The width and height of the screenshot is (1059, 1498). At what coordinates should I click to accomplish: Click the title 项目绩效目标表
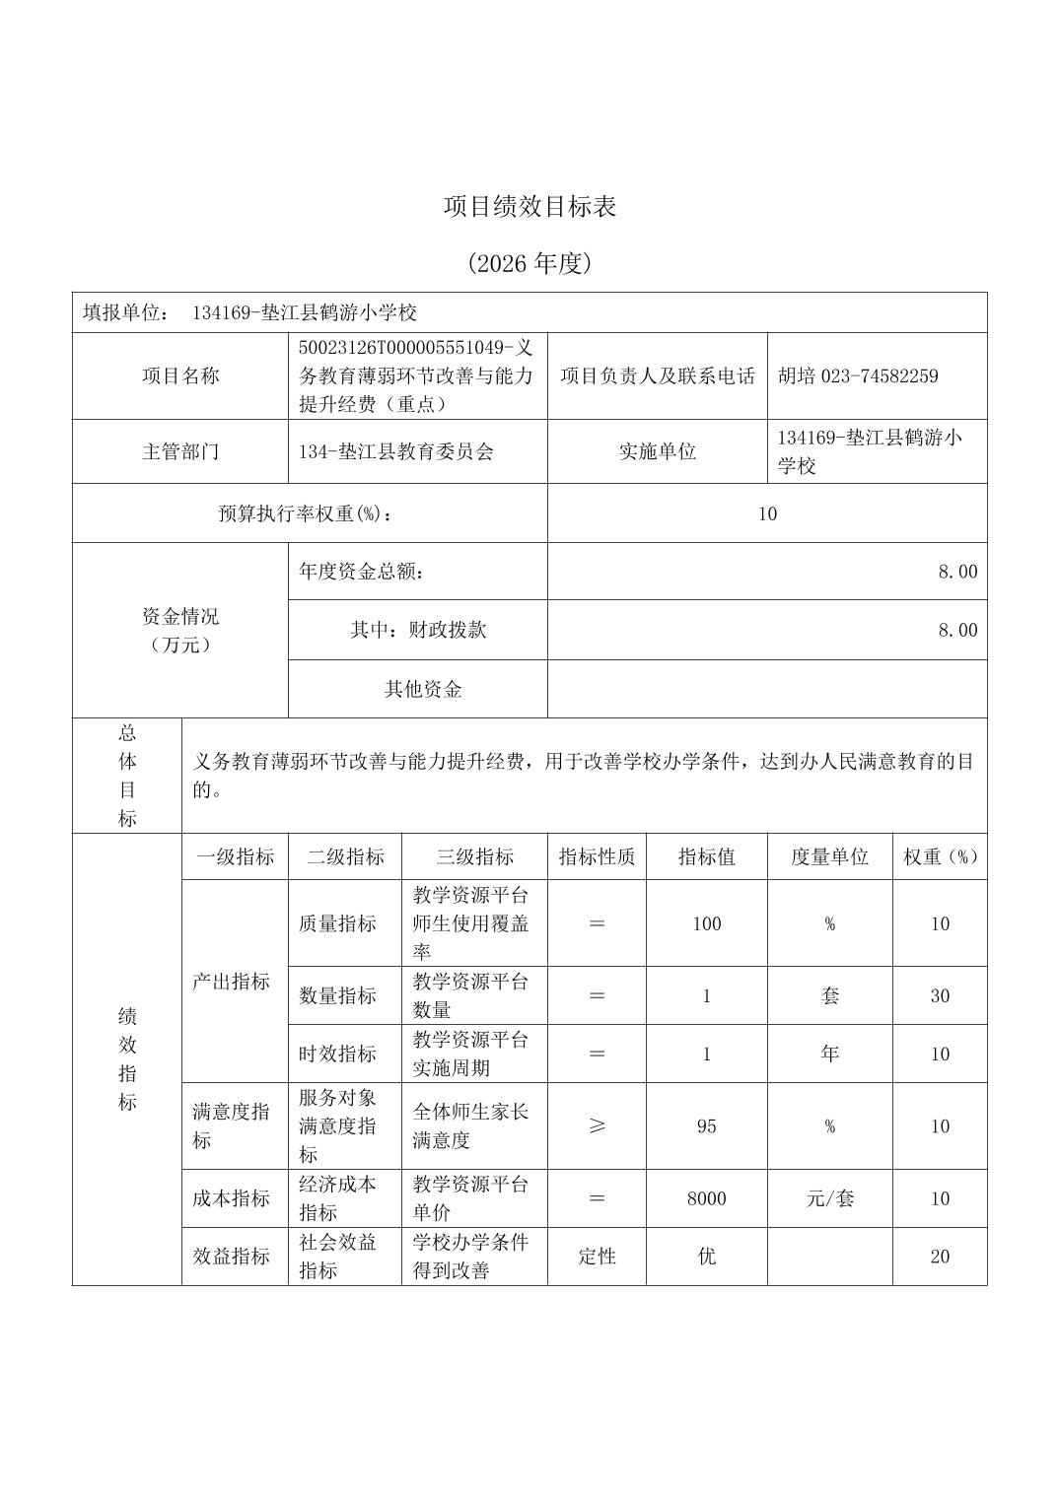[529, 207]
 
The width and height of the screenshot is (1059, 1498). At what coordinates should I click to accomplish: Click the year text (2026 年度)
[529, 263]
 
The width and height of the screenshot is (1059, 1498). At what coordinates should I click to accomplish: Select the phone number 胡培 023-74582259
[858, 375]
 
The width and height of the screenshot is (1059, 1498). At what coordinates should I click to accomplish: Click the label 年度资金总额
[362, 572]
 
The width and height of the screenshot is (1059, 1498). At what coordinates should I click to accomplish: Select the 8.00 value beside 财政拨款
[957, 630]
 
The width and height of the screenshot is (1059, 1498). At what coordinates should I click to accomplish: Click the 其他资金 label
[423, 689]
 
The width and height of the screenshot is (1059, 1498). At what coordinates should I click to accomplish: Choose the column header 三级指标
[474, 856]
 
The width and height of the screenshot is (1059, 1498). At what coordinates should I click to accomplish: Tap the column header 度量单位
[829, 856]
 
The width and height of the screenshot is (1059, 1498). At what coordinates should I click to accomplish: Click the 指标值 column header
[706, 856]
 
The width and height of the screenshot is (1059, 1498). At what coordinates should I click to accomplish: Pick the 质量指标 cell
[337, 923]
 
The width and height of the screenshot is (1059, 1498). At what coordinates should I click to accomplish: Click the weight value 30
[940, 995]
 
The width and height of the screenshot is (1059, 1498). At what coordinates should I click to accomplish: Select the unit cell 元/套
[829, 1198]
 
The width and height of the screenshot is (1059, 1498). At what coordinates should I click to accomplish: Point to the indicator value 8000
[706, 1198]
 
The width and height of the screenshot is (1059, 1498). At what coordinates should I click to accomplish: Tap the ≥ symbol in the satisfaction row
[597, 1126]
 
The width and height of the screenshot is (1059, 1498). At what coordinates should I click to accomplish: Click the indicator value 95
[706, 1126]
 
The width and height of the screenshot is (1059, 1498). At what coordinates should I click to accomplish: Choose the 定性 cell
[597, 1257]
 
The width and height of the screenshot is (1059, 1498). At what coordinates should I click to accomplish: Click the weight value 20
[940, 1257]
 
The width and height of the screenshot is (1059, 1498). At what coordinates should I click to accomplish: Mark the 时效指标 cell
[337, 1054]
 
